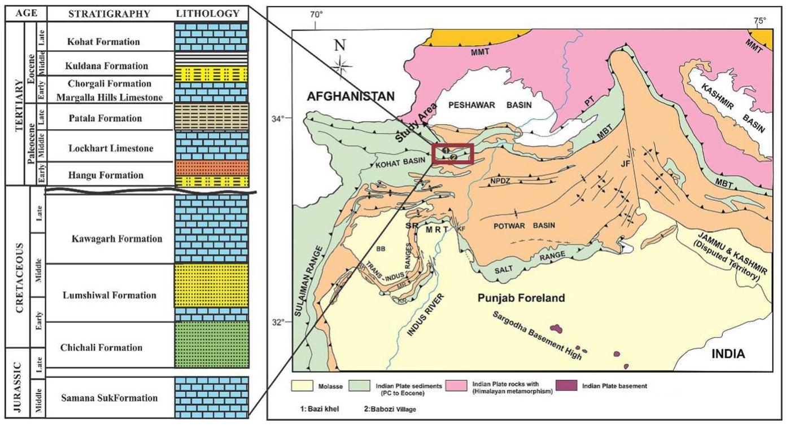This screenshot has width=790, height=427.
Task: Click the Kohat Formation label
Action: tap(103, 42)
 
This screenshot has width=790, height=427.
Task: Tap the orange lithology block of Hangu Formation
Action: tap(212, 168)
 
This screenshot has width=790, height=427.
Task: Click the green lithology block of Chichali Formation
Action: tap(212, 344)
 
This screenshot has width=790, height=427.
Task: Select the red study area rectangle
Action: tap(452, 153)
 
